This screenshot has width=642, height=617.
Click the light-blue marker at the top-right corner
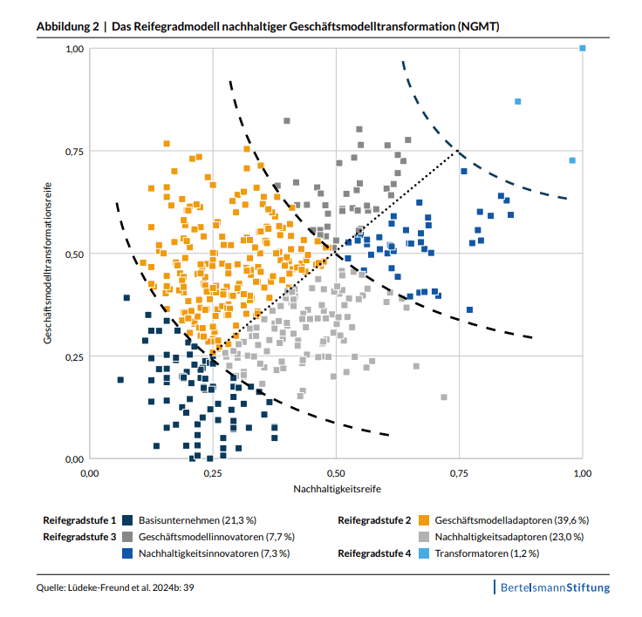pos(583,49)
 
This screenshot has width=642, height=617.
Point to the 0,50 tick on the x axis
pos(336,472)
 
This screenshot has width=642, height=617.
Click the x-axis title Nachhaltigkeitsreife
pos(336,489)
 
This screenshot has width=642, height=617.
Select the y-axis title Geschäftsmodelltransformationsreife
pos(51,254)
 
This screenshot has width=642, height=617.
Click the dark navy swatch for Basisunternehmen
pos(128,520)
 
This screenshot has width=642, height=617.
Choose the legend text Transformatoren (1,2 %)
pos(487,553)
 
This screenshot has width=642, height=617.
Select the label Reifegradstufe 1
pos(79,520)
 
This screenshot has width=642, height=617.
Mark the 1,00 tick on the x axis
pos(583,472)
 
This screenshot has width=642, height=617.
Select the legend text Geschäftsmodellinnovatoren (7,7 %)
pos(216,537)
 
